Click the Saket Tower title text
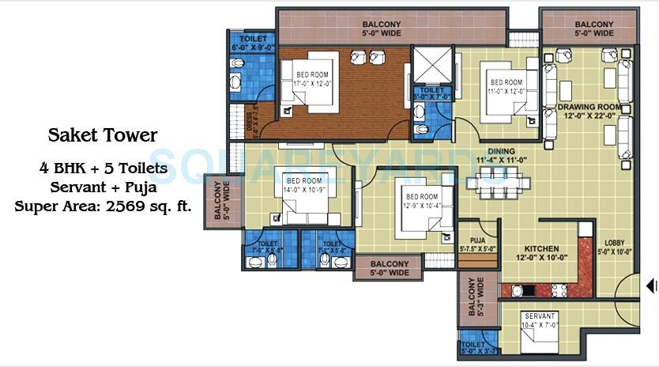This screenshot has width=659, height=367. [104, 135]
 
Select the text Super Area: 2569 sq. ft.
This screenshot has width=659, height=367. [104, 206]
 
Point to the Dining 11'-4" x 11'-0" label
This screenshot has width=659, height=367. [501, 156]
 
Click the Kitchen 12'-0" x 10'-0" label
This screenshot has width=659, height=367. [537, 252]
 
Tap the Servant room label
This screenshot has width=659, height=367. [540, 320]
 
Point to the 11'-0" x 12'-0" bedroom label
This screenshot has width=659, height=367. [506, 86]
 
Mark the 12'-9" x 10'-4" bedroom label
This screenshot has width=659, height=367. [420, 201]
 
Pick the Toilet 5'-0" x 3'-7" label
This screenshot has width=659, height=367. [477, 349]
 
